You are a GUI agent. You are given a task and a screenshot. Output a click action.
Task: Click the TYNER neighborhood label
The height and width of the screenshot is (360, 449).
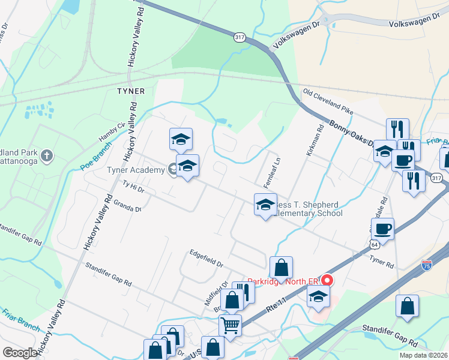click(x=131, y=91)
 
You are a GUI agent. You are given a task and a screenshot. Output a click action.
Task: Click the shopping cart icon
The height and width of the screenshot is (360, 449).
click(x=230, y=325)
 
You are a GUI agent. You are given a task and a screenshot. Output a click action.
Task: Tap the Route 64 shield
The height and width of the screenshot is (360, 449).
click(x=374, y=245)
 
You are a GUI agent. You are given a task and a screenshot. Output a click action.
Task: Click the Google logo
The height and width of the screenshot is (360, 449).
click(x=20, y=353)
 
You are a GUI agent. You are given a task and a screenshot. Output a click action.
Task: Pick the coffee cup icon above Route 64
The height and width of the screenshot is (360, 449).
click(x=382, y=229)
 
